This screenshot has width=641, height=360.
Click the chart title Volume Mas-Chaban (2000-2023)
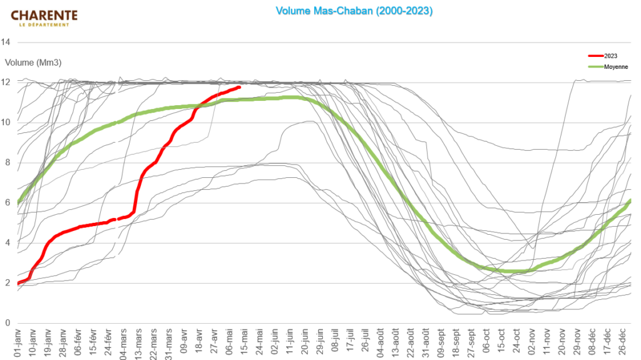point(354,11)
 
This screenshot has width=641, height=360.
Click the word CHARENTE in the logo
point(44,15)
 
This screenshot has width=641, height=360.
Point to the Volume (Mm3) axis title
point(33,63)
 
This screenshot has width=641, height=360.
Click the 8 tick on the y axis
point(8,162)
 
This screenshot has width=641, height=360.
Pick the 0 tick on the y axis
point(8,323)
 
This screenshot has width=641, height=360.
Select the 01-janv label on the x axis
point(18,342)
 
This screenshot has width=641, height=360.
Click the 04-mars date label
point(123,342)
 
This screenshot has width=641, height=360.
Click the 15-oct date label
point(501,342)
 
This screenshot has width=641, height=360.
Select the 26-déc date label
point(622,342)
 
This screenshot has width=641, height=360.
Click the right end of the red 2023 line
point(240,87)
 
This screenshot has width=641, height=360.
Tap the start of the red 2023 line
point(19,283)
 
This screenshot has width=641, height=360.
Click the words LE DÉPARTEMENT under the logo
point(44,25)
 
